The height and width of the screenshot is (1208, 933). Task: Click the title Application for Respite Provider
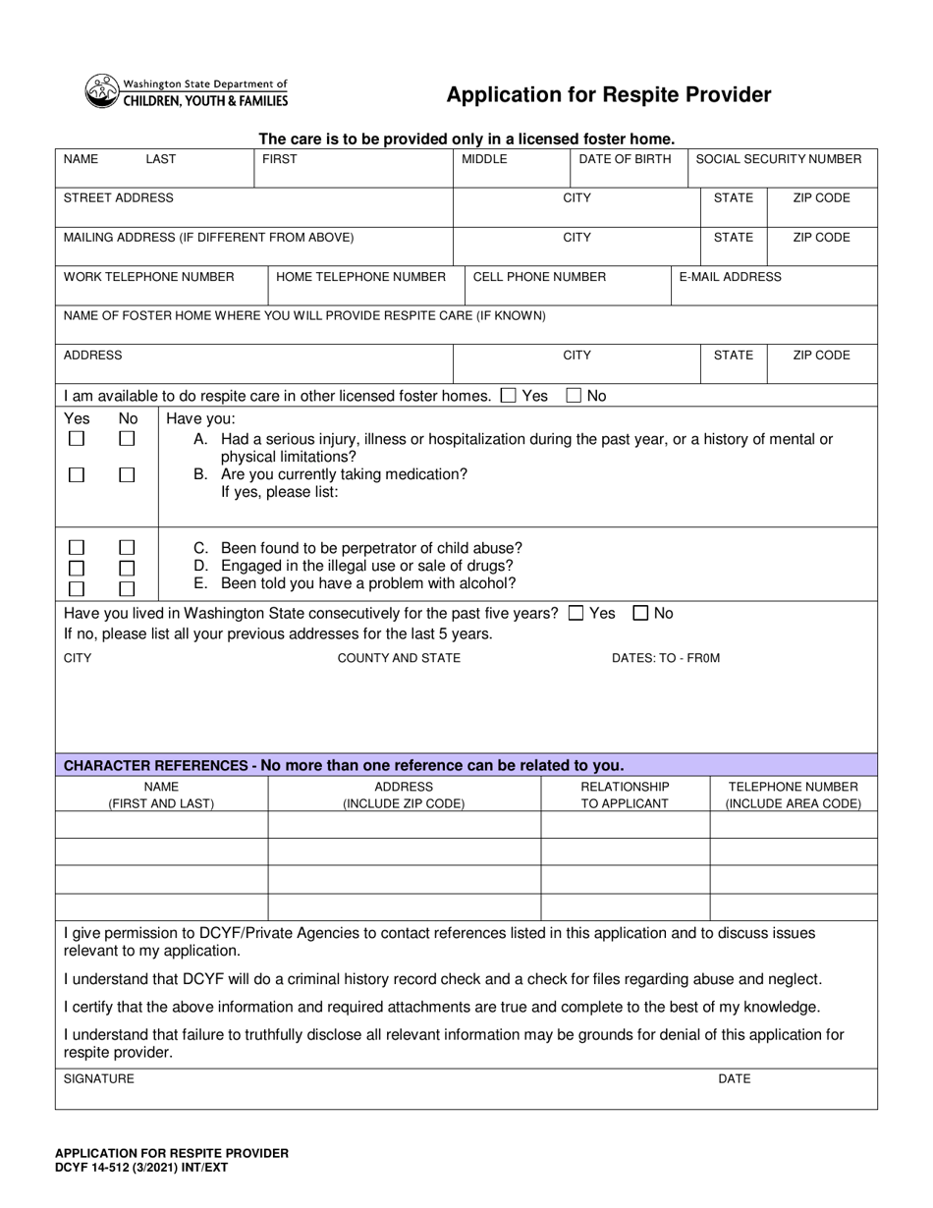point(608,95)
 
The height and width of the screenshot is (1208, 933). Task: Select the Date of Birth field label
point(625,159)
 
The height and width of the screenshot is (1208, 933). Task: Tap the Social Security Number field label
point(778,159)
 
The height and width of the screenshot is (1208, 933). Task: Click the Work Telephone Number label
point(148,277)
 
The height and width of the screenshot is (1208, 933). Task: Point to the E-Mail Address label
point(730,277)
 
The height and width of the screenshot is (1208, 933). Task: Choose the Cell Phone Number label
point(539,277)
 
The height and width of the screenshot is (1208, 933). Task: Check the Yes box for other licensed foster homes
point(508,396)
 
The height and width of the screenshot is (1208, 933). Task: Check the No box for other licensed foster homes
point(574,396)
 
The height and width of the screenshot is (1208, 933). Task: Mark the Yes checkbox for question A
point(77,439)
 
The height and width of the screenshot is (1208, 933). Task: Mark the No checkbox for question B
point(127,475)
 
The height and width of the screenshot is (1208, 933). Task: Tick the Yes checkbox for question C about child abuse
point(77,548)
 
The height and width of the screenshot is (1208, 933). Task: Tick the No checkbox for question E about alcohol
point(127,589)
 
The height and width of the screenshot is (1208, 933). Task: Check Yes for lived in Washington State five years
point(576,614)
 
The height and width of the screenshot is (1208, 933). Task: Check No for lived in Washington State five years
point(640,614)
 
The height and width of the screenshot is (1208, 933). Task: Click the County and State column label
point(399,658)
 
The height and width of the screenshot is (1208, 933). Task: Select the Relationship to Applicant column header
point(625,796)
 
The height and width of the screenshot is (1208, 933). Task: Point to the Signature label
point(99,1078)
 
